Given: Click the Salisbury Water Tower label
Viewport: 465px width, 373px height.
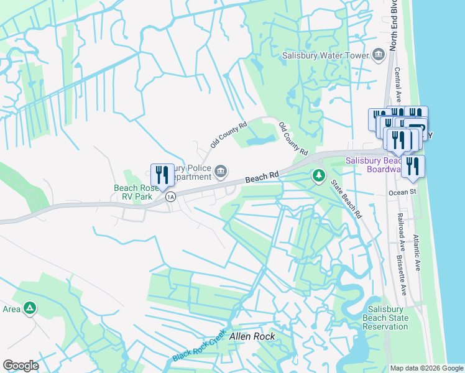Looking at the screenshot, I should (325, 55).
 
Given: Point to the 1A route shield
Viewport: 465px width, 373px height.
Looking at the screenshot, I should (171, 197).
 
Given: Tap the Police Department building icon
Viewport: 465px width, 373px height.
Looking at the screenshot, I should (220, 172).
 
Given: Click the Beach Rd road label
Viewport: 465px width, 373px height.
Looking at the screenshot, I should (262, 178).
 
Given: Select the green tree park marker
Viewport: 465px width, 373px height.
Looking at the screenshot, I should (318, 176).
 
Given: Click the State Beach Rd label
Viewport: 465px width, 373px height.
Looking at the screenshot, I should (346, 199).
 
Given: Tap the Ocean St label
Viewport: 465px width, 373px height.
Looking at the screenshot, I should (402, 193).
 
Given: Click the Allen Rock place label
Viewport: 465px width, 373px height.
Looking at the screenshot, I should (252, 337).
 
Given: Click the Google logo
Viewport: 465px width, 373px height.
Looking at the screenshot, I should (21, 366).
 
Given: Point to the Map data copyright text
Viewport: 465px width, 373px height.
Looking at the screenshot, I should (426, 368).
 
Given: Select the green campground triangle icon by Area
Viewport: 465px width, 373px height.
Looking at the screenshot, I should (29, 307).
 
